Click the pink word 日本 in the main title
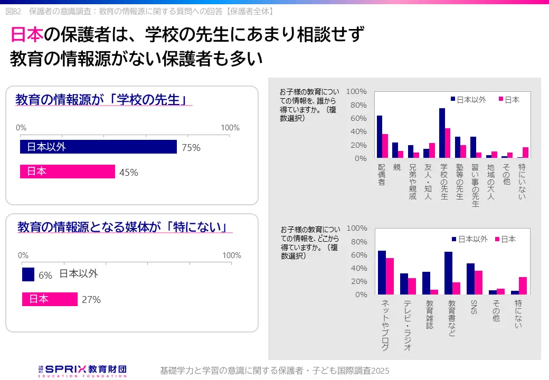[x=26, y=35]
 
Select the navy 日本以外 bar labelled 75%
[x=98, y=147]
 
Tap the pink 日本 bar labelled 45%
[x=68, y=172]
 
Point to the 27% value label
[x=91, y=299]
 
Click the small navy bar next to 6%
[x=28, y=274]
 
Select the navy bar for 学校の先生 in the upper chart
[x=442, y=133]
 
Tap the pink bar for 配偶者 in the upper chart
[x=385, y=146]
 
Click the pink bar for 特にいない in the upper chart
[x=525, y=153]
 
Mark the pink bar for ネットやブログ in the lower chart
[x=390, y=276]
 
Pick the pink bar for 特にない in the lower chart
[x=523, y=286]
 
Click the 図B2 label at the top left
[x=13, y=11]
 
